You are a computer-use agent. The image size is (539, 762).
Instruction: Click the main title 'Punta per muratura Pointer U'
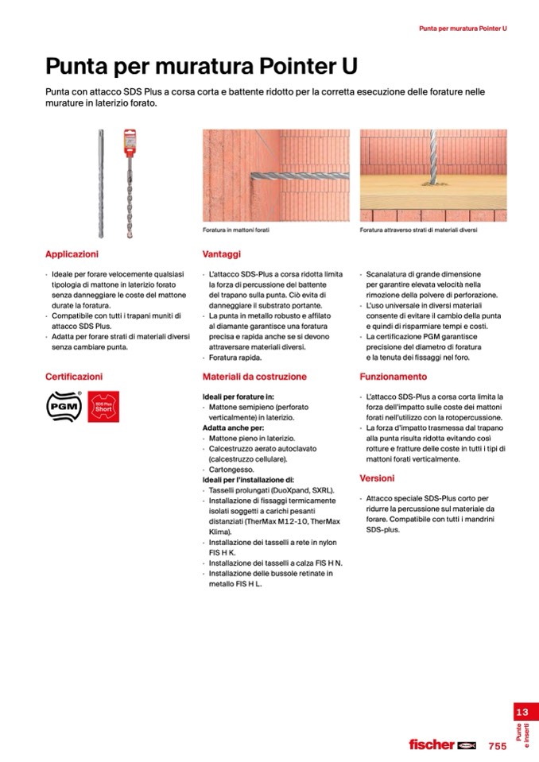pyautogui.click(x=201, y=65)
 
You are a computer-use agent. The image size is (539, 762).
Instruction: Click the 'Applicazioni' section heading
pyautogui.click(x=72, y=254)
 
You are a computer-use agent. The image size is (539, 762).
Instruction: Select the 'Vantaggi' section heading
pyautogui.click(x=221, y=254)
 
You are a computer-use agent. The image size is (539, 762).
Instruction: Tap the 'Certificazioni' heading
pyautogui.click(x=74, y=377)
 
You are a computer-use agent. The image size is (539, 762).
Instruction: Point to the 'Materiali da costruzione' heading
pyautogui.click(x=254, y=377)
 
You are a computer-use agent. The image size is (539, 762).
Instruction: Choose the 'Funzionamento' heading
pyautogui.click(x=393, y=377)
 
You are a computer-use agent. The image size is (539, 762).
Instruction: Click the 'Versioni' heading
pyautogui.click(x=377, y=478)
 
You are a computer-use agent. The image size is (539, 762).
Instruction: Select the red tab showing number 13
pyautogui.click(x=522, y=712)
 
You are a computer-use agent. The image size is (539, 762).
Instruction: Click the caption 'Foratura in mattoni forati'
pyautogui.click(x=236, y=230)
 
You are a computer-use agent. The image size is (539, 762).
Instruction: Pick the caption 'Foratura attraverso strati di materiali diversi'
pyautogui.click(x=418, y=230)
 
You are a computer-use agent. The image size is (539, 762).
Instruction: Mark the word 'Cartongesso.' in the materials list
pyautogui.click(x=231, y=470)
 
